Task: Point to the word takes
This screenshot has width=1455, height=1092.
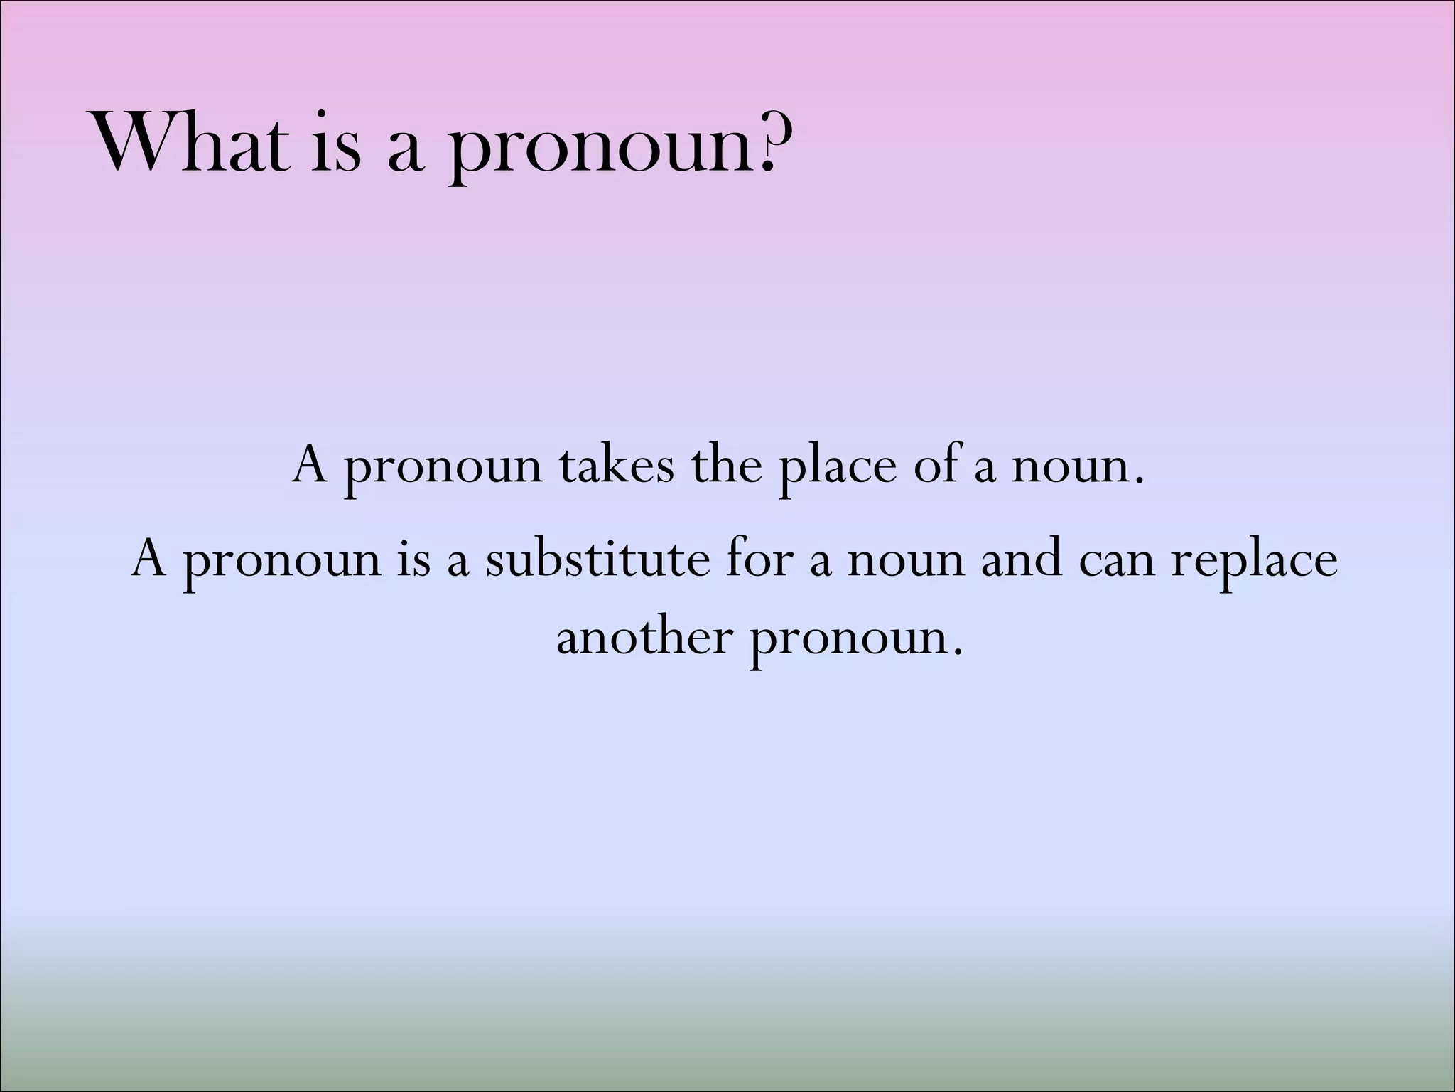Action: (616, 466)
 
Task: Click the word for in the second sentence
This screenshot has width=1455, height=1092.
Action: (759, 559)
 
